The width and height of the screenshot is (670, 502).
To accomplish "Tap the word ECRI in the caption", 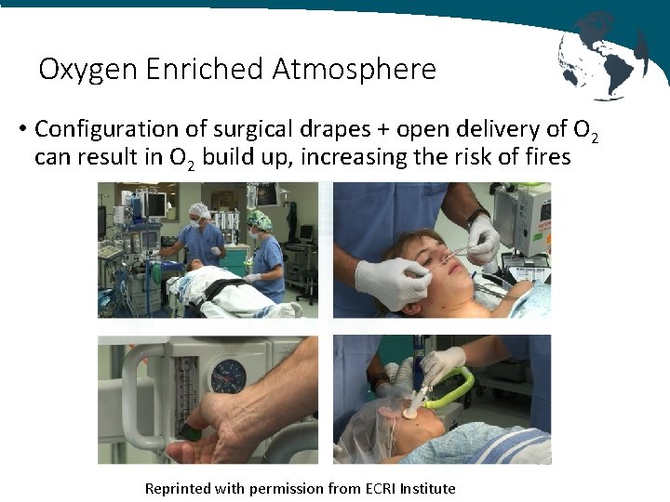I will pos(380,488).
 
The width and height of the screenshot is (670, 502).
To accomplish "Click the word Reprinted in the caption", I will pos(178,488).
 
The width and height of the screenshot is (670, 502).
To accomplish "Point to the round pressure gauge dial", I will pos(228,376).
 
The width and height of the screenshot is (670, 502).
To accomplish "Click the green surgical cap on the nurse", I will pos(258,219).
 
